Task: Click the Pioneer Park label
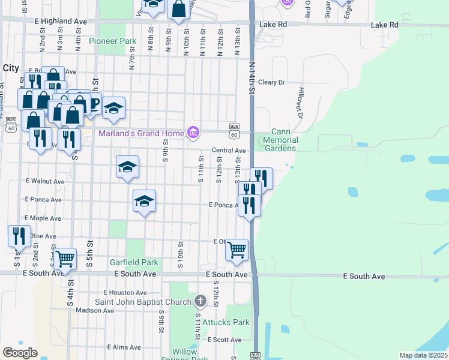pos(113,41)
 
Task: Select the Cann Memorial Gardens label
pos(280,140)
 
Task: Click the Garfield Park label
pos(134,262)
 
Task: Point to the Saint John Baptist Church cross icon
pos(201,301)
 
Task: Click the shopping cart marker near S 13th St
pos(237,249)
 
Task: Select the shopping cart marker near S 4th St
pos(65,259)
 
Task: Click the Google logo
pos(20,353)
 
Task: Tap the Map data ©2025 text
pos(423,355)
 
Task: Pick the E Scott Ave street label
pos(224,340)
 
